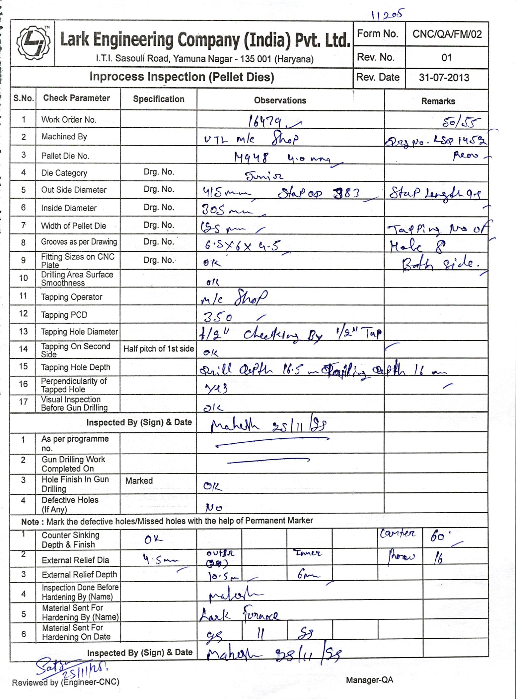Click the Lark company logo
[x=33, y=43]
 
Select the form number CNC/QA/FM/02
[x=447, y=34]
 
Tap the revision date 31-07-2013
[x=444, y=78]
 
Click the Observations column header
[x=280, y=100]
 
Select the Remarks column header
[x=438, y=101]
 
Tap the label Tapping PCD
[x=64, y=315]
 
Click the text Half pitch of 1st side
[x=159, y=349]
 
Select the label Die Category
[x=64, y=173]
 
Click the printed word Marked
[x=139, y=481]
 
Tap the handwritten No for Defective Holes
[x=214, y=507]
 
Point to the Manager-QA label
[x=369, y=680]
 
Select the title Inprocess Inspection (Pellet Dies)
[x=182, y=77]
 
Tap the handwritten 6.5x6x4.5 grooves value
[x=242, y=246]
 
